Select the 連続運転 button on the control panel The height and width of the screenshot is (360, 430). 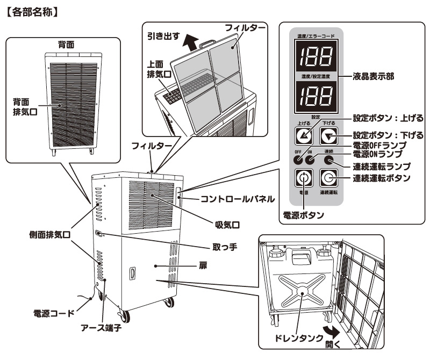coord(328,177)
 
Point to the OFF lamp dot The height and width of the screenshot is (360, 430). coord(298,159)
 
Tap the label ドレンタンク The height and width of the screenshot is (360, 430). coord(295,339)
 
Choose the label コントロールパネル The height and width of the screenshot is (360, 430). coord(237,199)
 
